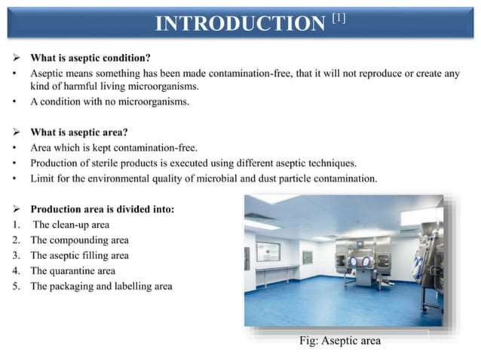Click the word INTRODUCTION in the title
[240, 23]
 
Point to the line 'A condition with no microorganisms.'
[109, 102]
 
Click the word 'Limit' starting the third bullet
[41, 178]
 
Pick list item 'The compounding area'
[79, 240]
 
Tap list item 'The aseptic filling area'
[79, 255]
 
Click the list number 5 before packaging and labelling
[16, 287]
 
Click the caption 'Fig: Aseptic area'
[339, 340]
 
